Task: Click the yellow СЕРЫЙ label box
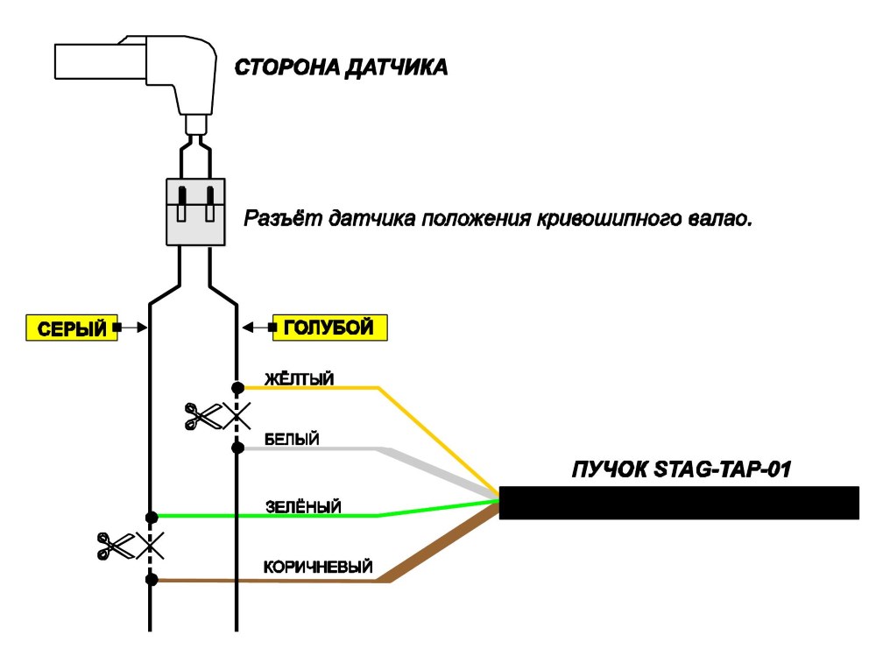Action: [72, 328]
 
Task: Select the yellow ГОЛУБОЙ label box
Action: [329, 328]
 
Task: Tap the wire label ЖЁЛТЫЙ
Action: [299, 378]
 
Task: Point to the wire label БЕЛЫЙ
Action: [292, 439]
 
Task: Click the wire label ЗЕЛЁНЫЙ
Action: [303, 506]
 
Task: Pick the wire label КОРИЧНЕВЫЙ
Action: [318, 567]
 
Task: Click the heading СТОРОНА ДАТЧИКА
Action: [341, 67]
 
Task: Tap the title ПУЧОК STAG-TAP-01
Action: [682, 469]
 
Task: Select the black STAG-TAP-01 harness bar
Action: [679, 503]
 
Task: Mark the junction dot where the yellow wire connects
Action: [237, 387]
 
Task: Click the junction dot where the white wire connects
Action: [237, 448]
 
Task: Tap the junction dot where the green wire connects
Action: [151, 518]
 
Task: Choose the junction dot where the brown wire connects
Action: [151, 580]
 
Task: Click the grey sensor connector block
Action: [195, 212]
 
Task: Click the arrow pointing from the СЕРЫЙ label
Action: [131, 328]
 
